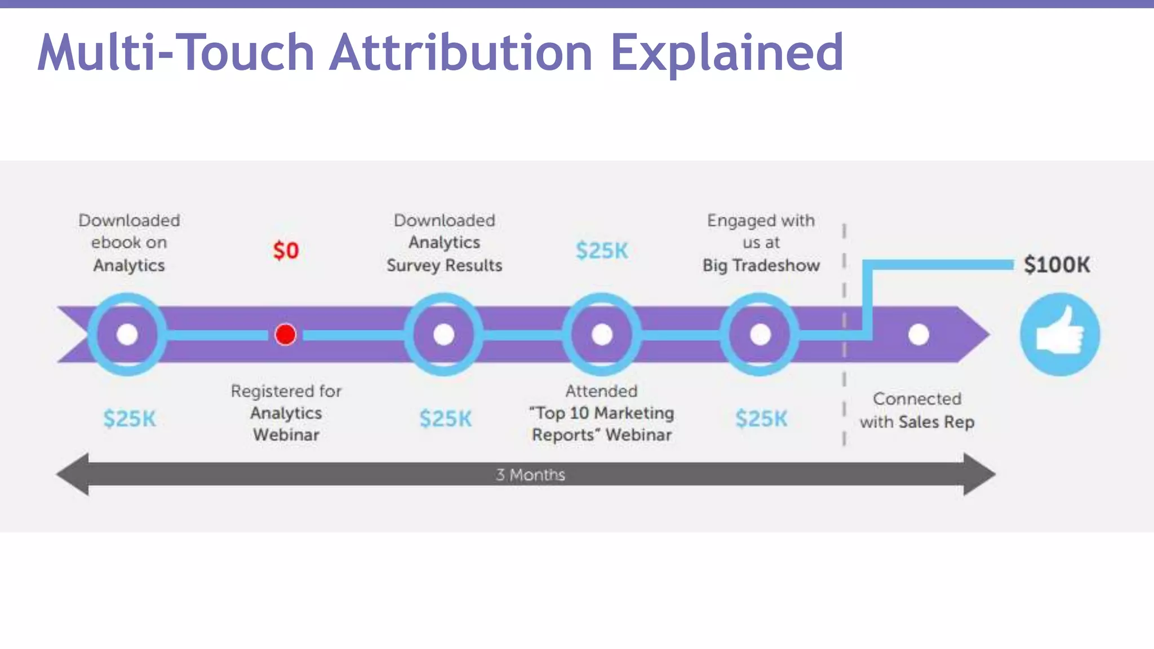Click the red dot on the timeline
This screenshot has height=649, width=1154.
[x=285, y=335]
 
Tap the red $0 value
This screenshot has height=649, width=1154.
[x=286, y=251]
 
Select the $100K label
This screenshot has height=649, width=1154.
[x=1057, y=265]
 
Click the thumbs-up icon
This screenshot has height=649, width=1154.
[x=1059, y=335]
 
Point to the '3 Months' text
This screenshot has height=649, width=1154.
[x=530, y=475]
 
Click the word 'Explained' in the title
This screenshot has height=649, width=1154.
[x=727, y=52]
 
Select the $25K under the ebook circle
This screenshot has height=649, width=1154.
[x=129, y=419]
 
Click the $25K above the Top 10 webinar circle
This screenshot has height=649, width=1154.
[x=602, y=251]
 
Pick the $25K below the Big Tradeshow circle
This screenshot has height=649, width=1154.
[x=761, y=419]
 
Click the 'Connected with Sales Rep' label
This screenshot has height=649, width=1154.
[x=917, y=410]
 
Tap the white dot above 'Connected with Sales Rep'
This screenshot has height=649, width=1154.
[x=918, y=335]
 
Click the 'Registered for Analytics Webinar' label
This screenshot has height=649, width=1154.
[x=286, y=413]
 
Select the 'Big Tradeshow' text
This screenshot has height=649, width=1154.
[x=761, y=265]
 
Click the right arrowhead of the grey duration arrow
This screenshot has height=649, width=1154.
[x=979, y=474]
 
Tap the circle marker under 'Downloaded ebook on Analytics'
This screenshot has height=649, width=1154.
[x=127, y=335]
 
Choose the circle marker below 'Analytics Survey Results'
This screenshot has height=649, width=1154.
[x=444, y=335]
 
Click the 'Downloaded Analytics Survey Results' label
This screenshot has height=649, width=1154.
[x=444, y=243]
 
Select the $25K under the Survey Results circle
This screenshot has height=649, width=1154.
[x=445, y=419]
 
